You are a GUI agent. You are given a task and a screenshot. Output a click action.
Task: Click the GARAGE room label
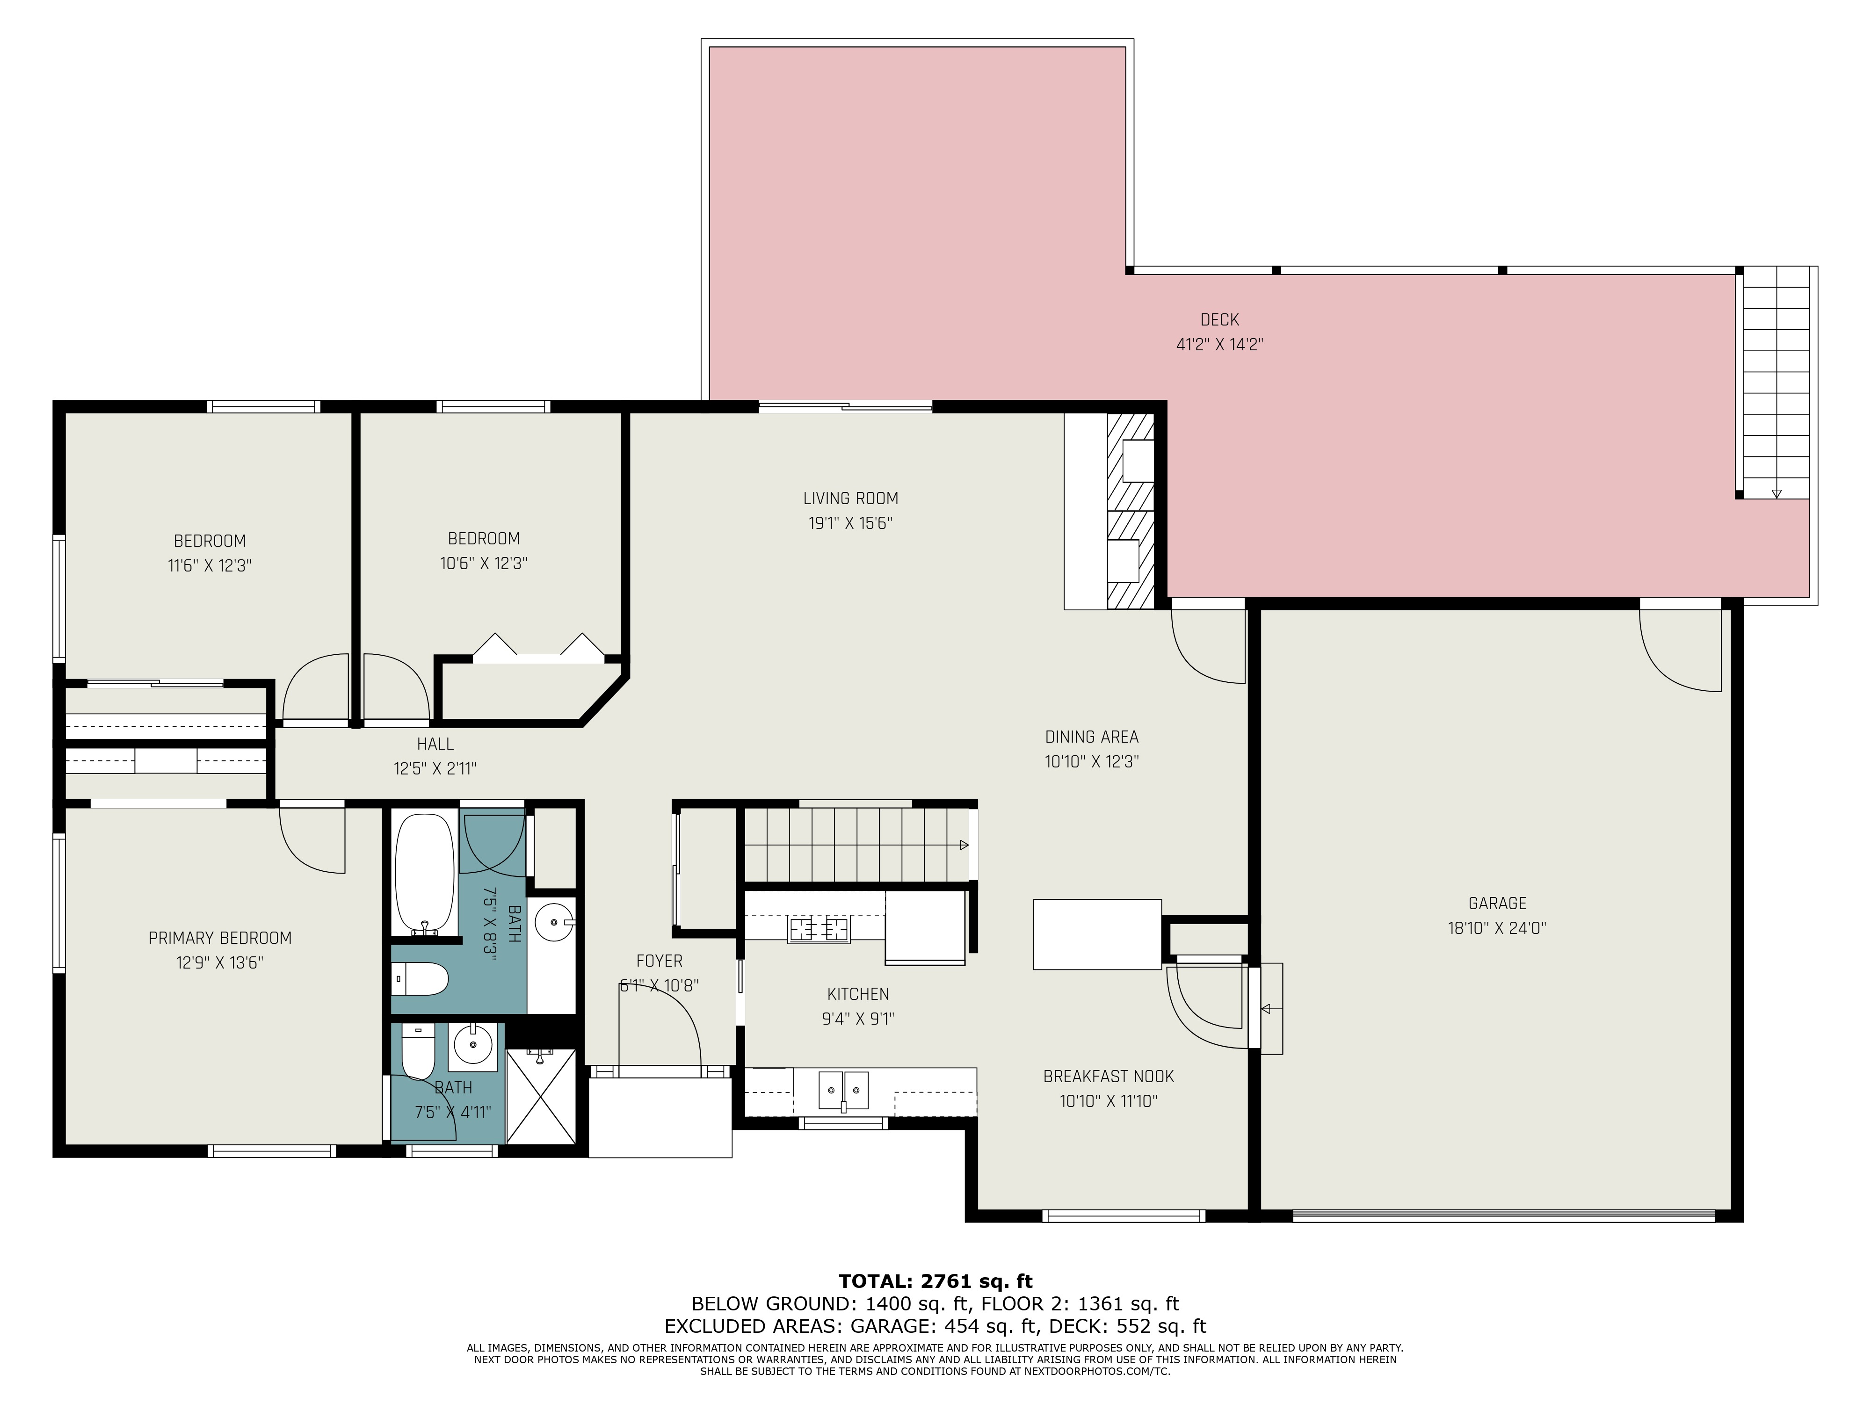[1497, 903]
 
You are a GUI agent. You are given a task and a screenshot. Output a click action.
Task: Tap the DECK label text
[1220, 320]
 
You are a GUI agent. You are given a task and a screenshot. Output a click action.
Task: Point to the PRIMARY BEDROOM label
[220, 938]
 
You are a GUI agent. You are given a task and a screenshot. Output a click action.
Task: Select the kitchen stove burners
[819, 929]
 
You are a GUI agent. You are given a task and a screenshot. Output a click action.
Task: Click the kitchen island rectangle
[1097, 933]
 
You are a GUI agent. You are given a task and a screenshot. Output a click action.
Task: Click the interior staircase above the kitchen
[857, 846]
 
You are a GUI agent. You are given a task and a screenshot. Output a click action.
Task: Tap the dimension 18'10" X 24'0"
[1497, 928]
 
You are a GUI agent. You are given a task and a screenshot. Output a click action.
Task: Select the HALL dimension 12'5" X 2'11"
[435, 769]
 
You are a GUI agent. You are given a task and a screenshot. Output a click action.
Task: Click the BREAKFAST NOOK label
[1109, 1077]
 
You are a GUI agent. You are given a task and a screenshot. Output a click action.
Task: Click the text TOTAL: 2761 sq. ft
[935, 1281]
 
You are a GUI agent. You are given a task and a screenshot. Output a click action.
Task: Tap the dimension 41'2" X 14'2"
[1220, 344]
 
